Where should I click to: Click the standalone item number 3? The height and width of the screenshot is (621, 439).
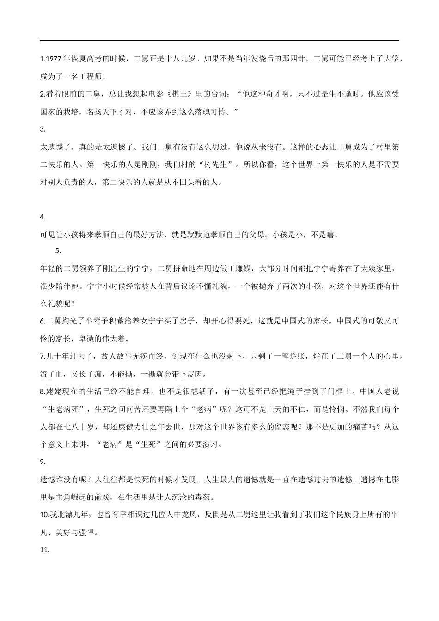click(43, 129)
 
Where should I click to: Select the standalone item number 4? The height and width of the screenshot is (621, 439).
click(43, 217)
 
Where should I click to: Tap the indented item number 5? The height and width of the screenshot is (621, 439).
click(58, 251)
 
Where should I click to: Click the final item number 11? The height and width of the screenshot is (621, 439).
click(44, 550)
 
